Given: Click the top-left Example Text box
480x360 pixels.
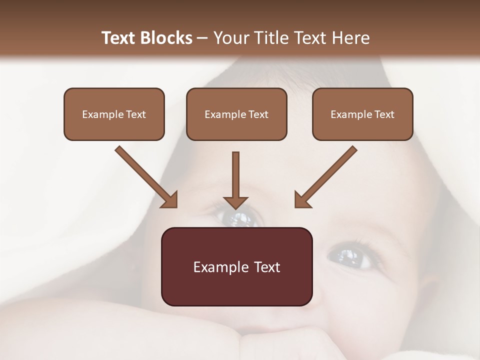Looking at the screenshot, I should [x=114, y=114].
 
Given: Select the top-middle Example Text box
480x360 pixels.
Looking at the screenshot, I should [x=236, y=114].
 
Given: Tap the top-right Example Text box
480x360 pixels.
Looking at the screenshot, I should [x=362, y=114].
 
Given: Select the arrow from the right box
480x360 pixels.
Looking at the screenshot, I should [x=326, y=176].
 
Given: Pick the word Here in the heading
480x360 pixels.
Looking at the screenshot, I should [x=350, y=38].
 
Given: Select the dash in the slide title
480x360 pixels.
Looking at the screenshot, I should [x=202, y=38].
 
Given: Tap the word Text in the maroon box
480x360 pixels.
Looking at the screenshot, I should [x=267, y=267].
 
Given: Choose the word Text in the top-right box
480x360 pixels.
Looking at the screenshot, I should [x=384, y=114].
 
